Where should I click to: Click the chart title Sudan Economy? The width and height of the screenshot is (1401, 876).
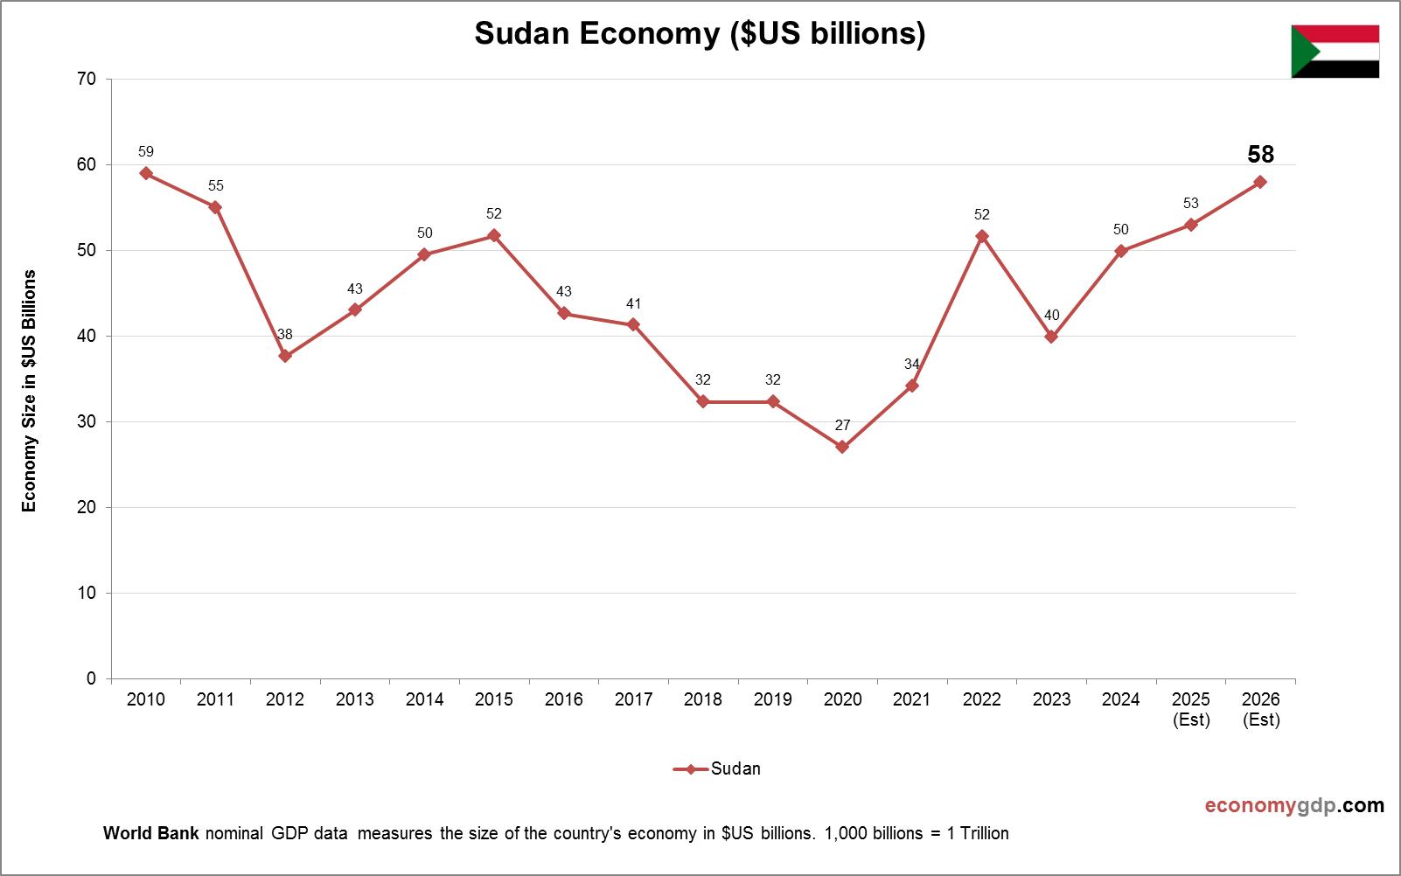coord(700,33)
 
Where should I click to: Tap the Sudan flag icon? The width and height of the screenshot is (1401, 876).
coord(1335,52)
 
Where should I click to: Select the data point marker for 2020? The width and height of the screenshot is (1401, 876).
coord(842,447)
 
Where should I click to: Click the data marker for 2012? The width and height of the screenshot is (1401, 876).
coord(285,356)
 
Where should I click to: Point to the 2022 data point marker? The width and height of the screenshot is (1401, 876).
coord(982,236)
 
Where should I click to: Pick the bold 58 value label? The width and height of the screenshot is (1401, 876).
coord(1260,155)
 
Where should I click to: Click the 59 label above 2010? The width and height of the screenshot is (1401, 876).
coord(146,151)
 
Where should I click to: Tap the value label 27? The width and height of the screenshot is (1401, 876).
coord(842,425)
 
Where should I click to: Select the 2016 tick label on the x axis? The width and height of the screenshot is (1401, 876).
coord(563,699)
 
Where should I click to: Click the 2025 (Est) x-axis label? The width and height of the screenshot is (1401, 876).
coord(1191,709)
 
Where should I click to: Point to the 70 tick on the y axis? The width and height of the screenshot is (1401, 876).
coord(87,79)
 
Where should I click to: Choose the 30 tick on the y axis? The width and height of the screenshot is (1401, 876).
coord(87,421)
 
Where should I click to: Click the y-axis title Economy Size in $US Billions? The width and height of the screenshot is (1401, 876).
coord(30,391)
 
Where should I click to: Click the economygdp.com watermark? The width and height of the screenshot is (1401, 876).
coord(1294,805)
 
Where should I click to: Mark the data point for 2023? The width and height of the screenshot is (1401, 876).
coord(1051,337)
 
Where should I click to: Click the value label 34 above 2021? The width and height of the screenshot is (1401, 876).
coord(912,364)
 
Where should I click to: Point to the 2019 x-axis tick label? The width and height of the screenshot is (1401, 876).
coord(772,699)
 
